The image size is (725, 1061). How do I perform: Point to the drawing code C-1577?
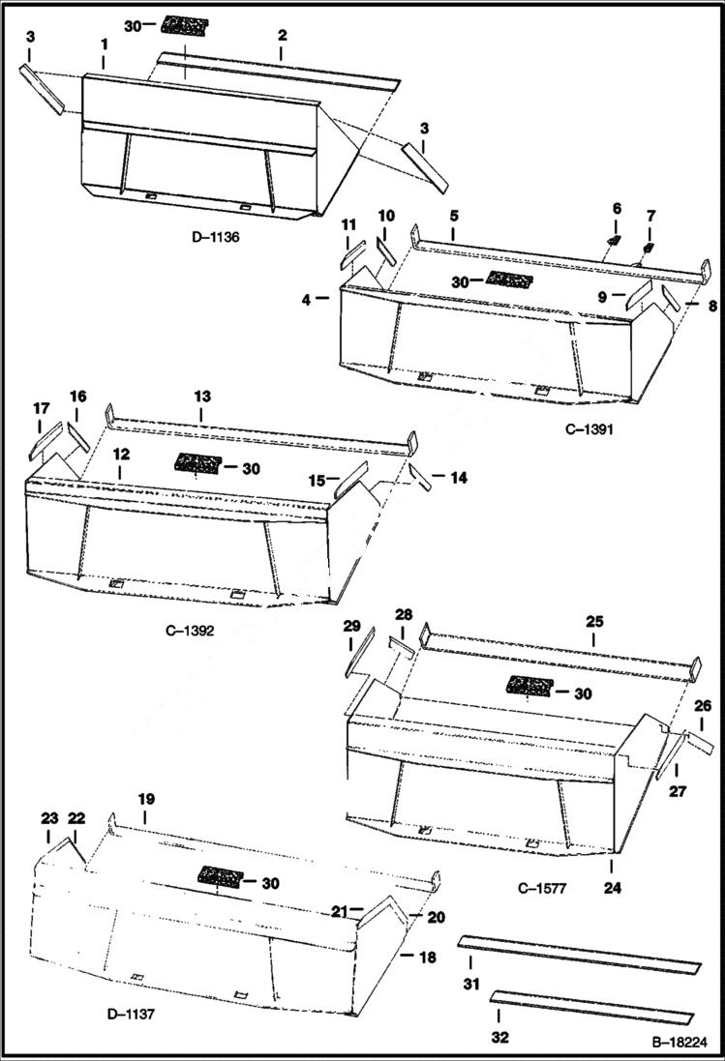coord(541,886)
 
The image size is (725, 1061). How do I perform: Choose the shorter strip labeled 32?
coord(592,1004)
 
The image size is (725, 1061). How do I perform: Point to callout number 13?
coord(201,398)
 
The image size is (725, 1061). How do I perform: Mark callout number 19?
coord(145,800)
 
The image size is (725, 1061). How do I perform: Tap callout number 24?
coord(612,885)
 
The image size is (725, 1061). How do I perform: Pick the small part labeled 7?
coord(647,253)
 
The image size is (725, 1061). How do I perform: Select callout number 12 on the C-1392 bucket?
coord(120,454)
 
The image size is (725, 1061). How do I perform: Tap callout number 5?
coord(453,216)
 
